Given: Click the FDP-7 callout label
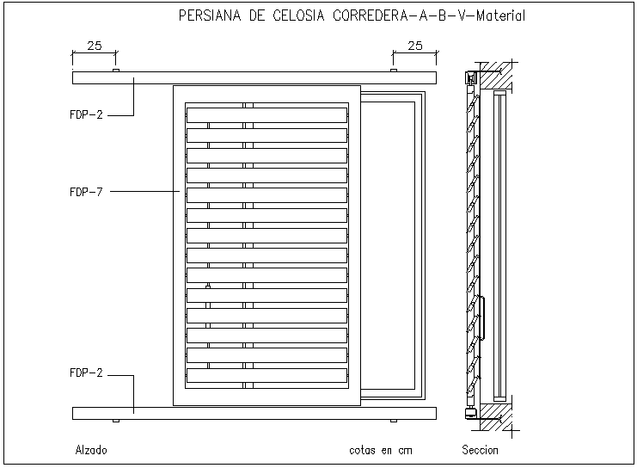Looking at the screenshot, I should click(86, 192).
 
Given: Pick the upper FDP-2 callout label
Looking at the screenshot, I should click(86, 114).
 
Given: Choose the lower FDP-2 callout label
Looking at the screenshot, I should click(86, 373).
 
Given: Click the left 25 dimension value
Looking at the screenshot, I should click(94, 46).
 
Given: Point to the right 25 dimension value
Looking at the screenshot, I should click(415, 46).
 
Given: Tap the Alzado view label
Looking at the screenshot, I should click(91, 450).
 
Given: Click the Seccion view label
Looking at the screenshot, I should click(480, 450).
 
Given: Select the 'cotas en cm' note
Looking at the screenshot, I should click(381, 450).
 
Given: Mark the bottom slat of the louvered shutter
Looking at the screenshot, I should click(267, 376).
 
